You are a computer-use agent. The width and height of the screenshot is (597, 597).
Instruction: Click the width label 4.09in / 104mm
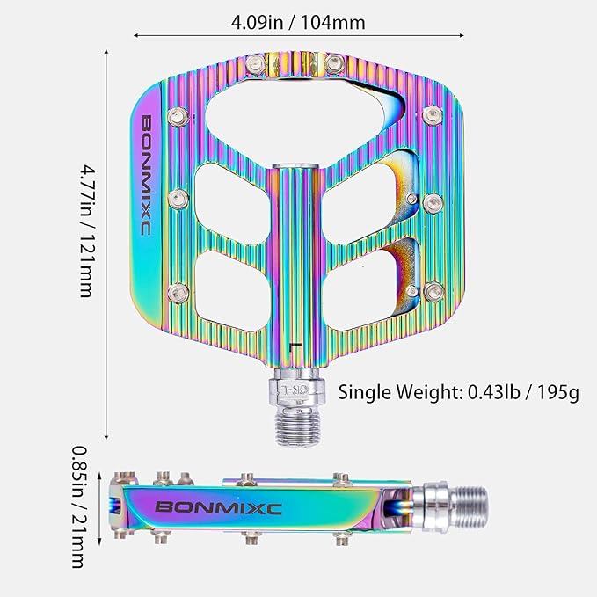pos(298,23)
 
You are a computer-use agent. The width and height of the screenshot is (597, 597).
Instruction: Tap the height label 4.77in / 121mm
pos(86,230)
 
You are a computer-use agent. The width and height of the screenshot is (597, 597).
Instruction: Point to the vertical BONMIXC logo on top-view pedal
pos(147,175)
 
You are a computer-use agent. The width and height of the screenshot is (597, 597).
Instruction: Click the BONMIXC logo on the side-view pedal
pos(219,507)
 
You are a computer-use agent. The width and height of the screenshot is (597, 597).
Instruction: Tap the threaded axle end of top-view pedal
pos(298,428)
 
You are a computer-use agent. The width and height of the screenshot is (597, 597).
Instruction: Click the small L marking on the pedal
pos(295,346)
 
